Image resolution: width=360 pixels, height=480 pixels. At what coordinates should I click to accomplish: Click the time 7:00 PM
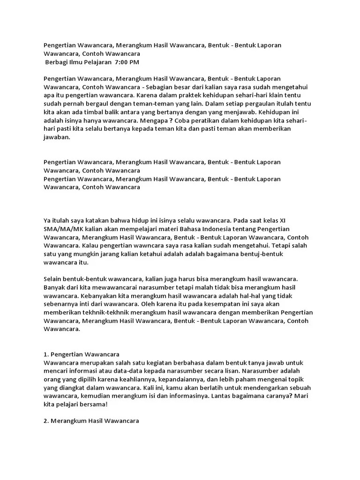[x=127, y=62]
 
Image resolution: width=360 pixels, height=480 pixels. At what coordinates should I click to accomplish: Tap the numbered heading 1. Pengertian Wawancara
[x=82, y=354]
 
